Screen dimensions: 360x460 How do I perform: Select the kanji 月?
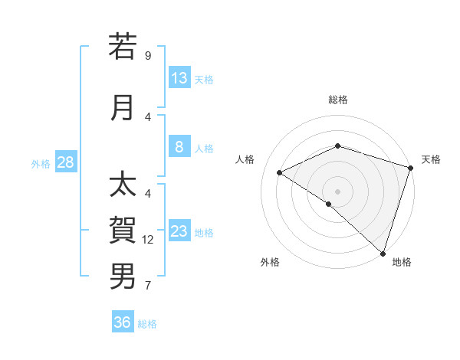click(x=123, y=107)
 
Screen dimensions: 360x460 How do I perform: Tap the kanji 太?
click(x=123, y=185)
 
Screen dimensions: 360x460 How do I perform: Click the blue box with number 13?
click(x=179, y=78)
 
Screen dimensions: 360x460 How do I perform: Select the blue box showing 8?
click(x=179, y=147)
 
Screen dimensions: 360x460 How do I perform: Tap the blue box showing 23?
click(x=179, y=231)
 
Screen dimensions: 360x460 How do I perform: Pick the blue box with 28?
click(x=65, y=162)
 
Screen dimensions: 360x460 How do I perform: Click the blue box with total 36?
click(x=123, y=322)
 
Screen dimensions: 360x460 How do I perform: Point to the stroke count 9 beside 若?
click(x=148, y=55)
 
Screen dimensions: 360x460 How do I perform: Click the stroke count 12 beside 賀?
click(x=149, y=240)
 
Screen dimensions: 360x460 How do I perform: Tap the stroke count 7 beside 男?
click(x=148, y=286)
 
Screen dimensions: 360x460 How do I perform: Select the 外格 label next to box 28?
click(x=41, y=163)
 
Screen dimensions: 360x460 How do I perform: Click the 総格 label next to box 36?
click(x=147, y=323)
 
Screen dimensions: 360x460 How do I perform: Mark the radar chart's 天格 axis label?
click(x=431, y=159)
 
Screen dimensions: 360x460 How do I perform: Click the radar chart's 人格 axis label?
click(x=245, y=159)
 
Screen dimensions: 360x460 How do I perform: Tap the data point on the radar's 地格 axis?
click(x=383, y=253)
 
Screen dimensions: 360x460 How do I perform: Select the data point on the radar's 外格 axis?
click(x=329, y=204)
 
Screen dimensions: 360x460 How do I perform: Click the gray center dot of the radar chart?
click(x=337, y=191)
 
